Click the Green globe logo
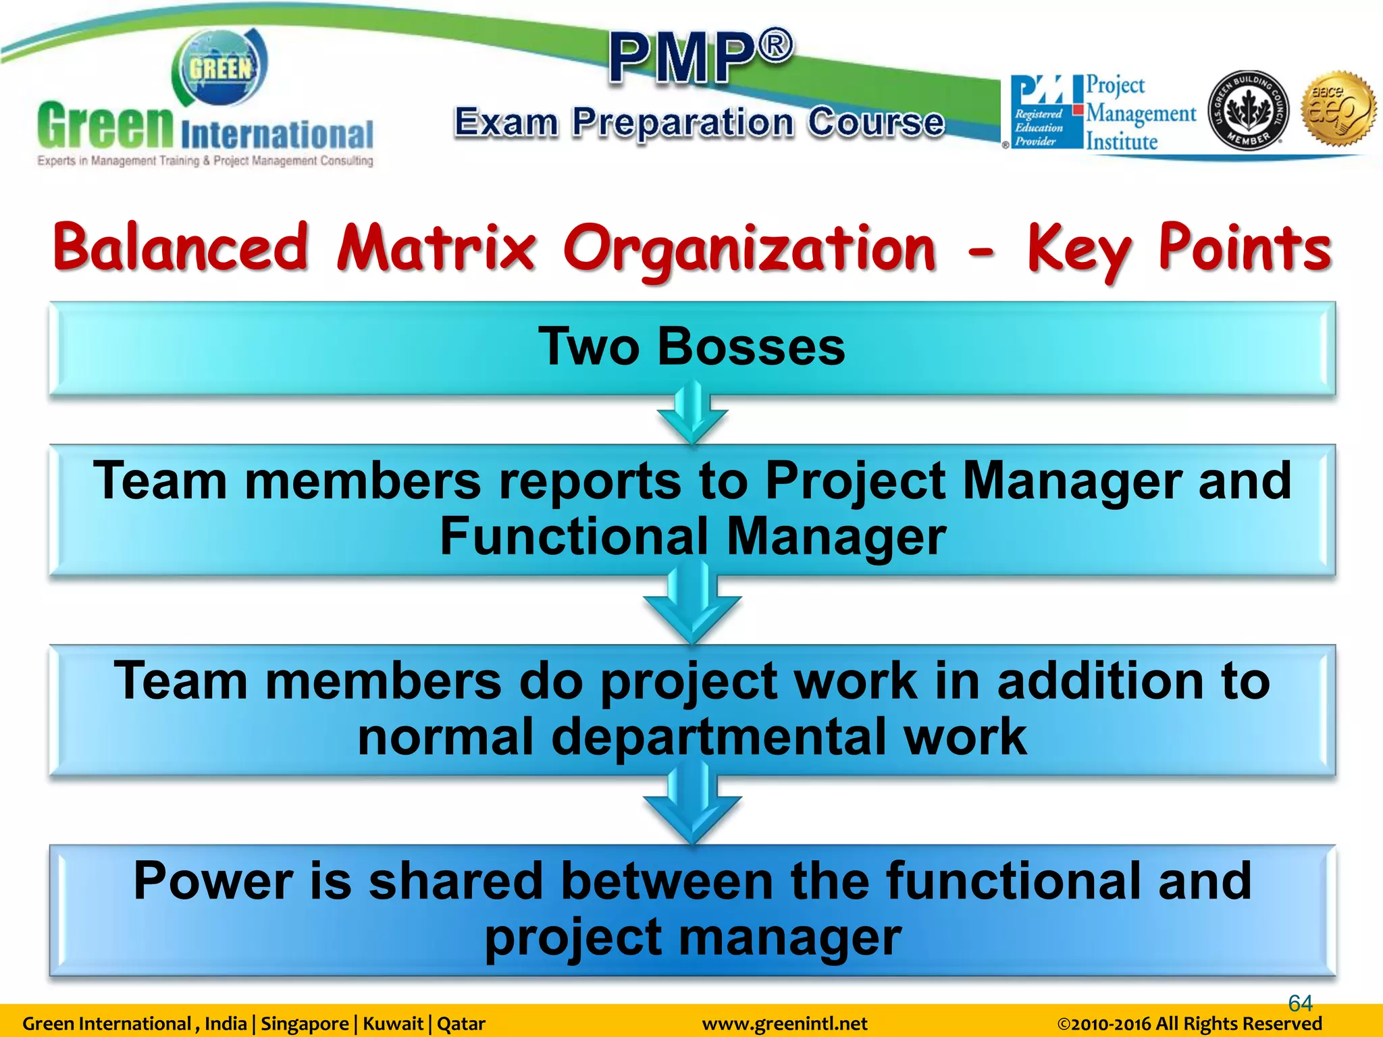coord(219,68)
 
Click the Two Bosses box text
coord(691,346)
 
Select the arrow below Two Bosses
coord(692,413)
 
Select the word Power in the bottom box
coord(213,881)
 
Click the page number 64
coord(1300,1003)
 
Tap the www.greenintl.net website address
coord(785,1024)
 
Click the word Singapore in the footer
coord(304,1024)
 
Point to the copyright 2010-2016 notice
coord(1189,1024)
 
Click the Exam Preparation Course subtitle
coord(699,123)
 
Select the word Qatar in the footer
coord(461,1024)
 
